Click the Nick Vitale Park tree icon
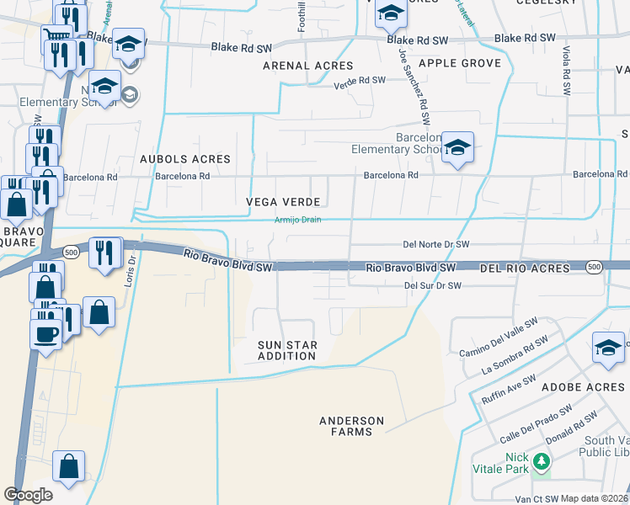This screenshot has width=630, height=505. (x=541, y=461)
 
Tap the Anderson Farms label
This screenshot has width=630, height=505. (x=352, y=426)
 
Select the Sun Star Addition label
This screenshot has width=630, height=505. (x=287, y=350)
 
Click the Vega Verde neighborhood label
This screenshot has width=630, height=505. (x=283, y=202)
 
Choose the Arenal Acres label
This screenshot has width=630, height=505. (x=308, y=65)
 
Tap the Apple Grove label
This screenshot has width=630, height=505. (x=460, y=63)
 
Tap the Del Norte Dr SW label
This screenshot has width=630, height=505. (x=435, y=244)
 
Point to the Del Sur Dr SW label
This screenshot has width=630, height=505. (x=433, y=285)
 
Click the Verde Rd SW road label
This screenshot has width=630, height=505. (x=360, y=82)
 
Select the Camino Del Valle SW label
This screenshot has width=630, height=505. (x=499, y=336)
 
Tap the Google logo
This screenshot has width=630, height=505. (x=28, y=495)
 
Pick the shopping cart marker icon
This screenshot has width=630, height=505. (x=56, y=35)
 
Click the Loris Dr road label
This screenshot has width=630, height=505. (x=130, y=271)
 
